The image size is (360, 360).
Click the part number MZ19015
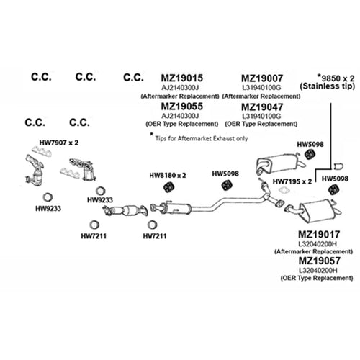[x=182, y=78]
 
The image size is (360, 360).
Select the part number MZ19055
[x=182, y=107]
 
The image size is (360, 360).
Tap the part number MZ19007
[x=262, y=78]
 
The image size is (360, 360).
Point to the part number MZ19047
[x=262, y=107]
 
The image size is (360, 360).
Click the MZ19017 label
[x=319, y=235]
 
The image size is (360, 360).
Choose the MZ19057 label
[x=320, y=261]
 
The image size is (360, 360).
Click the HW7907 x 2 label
[x=59, y=143]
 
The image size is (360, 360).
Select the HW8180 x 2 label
[x=168, y=176]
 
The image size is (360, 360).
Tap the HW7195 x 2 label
[x=292, y=181]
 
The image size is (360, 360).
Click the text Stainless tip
[x=328, y=86]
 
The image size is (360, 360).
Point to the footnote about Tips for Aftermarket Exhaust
[x=199, y=138]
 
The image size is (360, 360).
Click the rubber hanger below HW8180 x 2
[x=169, y=187]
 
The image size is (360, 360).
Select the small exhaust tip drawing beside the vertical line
[x=338, y=166]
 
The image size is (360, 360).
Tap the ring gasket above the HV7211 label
[x=152, y=225]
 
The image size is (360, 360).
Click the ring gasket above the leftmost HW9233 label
[x=48, y=197]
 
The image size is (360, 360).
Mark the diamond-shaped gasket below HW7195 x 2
[x=284, y=191]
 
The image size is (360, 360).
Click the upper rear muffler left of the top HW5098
[x=279, y=163]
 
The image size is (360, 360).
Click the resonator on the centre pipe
[x=175, y=208]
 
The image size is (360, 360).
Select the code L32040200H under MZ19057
[x=318, y=271]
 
